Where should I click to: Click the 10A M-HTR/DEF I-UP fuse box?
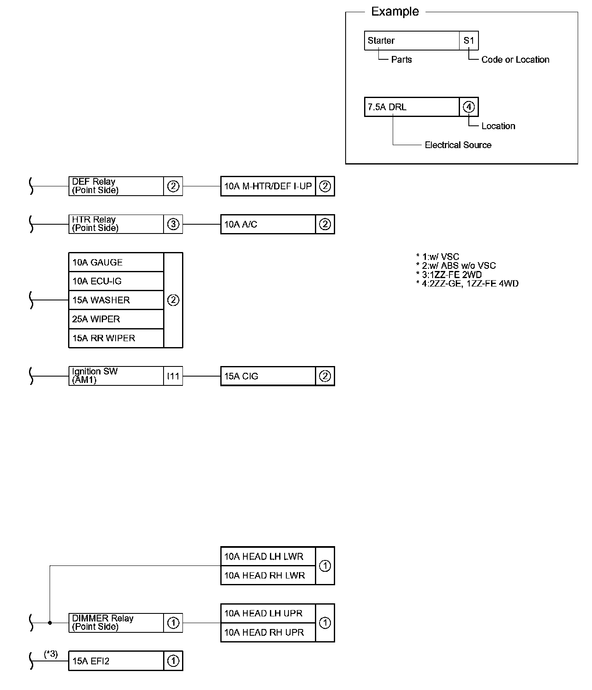click(x=268, y=186)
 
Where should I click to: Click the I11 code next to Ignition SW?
click(x=173, y=376)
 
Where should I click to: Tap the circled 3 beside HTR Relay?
click(x=173, y=224)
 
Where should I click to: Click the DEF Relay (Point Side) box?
click(x=116, y=186)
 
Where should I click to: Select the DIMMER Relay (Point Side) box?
click(x=116, y=623)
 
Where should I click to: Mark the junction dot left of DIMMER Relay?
click(x=50, y=623)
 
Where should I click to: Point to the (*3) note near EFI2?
click(x=51, y=654)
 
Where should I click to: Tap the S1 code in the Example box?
click(x=469, y=41)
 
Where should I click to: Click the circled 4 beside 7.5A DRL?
click(x=469, y=107)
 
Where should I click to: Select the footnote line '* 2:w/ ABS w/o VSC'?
click(x=456, y=265)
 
